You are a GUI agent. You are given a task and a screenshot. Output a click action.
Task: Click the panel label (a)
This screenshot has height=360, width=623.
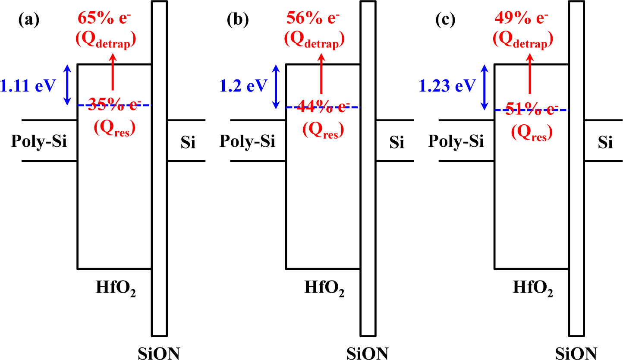[x=28, y=20]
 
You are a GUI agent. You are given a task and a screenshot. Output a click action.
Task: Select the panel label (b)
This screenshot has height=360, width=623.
[x=238, y=20]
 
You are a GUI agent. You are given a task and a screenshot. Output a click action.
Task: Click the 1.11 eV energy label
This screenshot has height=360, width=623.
[x=28, y=86]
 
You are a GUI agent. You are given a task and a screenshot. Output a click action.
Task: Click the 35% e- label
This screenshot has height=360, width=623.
[x=114, y=105]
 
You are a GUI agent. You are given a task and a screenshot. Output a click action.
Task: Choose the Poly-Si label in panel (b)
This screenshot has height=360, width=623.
[x=248, y=141]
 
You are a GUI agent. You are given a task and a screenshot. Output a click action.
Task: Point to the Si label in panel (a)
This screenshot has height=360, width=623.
[x=188, y=143]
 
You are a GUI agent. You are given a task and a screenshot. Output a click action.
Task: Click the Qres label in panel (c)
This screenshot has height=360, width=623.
[x=532, y=133]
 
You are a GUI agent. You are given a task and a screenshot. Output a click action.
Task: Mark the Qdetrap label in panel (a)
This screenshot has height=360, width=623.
[x=106, y=40]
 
